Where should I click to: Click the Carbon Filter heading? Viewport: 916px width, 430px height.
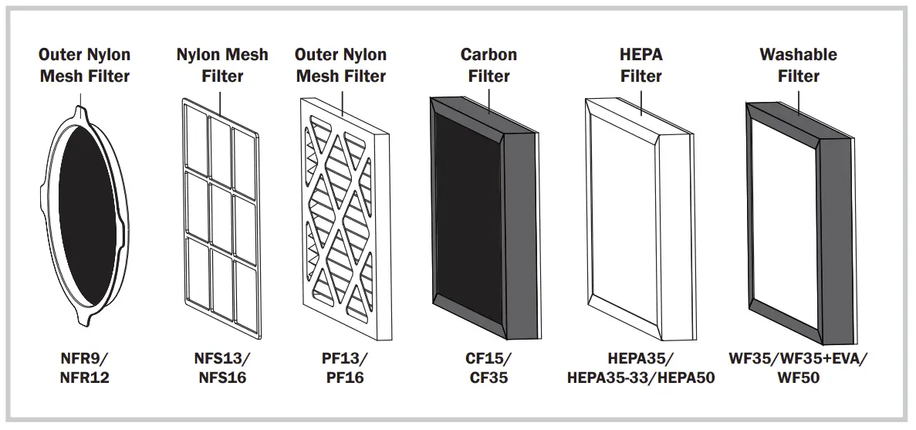pos(488,66)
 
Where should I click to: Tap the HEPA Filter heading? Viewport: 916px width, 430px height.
pos(641,66)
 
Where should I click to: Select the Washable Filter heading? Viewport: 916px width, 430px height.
pos(798,66)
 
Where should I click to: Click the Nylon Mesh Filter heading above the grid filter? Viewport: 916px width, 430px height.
pos(222,66)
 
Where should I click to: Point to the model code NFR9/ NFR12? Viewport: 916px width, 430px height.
pos(84,368)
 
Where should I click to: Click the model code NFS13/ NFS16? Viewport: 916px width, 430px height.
pos(222,368)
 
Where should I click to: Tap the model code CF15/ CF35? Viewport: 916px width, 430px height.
pos(488,368)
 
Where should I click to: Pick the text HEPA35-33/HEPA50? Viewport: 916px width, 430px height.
pos(641,378)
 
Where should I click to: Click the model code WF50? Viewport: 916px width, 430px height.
pos(798,378)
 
